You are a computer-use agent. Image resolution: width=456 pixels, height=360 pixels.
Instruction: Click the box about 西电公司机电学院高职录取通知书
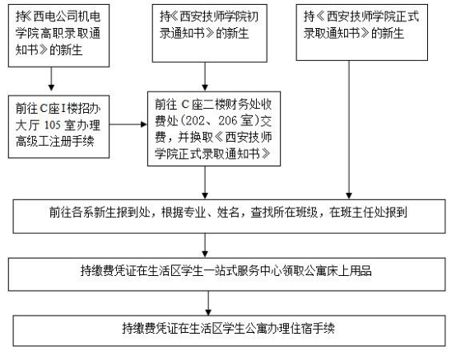point(58,35)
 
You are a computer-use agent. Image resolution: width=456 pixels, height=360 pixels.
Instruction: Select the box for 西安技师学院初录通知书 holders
point(210,33)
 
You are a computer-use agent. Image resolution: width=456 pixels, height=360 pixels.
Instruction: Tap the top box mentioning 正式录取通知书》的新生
point(362,32)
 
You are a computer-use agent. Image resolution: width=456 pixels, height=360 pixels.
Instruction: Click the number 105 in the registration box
point(53,125)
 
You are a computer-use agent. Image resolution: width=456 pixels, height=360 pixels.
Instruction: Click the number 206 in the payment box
point(228,120)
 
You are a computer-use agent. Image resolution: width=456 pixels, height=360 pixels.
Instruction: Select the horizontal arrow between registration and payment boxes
point(128,124)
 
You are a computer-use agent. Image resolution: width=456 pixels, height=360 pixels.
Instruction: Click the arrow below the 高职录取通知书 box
point(52,79)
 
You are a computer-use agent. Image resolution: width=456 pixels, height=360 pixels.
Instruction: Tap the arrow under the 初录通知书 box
point(205,77)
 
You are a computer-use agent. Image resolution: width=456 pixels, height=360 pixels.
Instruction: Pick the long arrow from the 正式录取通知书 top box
point(349,130)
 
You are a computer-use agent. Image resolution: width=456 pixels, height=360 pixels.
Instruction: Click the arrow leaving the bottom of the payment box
point(205,183)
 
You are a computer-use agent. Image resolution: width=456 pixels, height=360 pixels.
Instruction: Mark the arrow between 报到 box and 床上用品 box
point(205,245)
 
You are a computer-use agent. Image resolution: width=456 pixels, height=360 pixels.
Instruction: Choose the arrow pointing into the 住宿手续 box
point(208,303)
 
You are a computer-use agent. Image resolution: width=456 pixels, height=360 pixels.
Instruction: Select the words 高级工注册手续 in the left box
point(55,142)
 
